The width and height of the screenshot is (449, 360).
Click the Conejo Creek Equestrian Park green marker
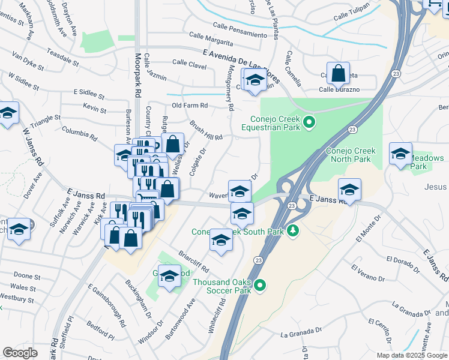309,123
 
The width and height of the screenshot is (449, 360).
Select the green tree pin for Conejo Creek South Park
293,230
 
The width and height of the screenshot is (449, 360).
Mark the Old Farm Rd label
189,106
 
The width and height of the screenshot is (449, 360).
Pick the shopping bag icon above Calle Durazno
339,74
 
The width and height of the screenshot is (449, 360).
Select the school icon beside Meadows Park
400,154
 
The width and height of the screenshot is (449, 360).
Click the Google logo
20,353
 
